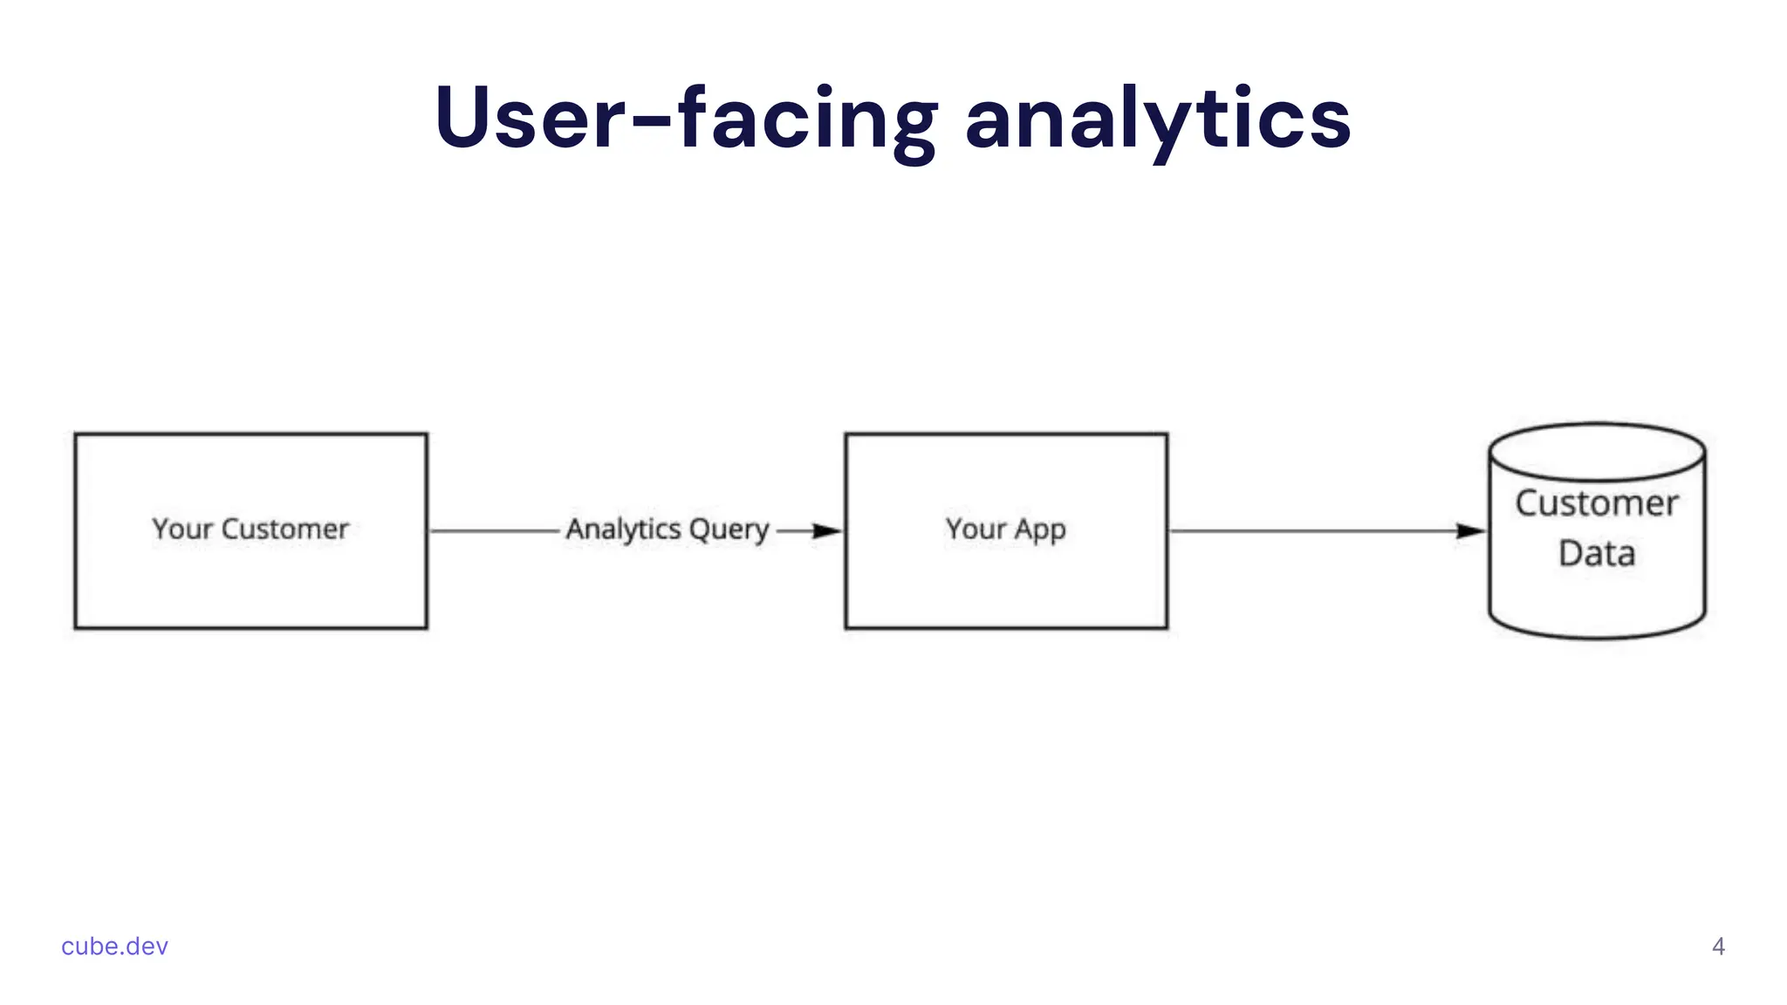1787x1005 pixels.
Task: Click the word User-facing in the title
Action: click(686, 119)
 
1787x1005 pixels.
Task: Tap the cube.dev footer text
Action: click(114, 947)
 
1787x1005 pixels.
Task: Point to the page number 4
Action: click(1718, 947)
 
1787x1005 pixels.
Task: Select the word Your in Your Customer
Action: click(181, 529)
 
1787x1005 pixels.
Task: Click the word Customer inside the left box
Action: click(284, 529)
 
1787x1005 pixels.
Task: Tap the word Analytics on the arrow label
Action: click(623, 529)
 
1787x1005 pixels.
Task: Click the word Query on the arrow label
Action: click(729, 530)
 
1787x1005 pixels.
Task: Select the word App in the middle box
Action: click(1039, 530)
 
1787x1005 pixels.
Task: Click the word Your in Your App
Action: click(976, 529)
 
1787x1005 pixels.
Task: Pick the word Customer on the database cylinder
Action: click(1596, 503)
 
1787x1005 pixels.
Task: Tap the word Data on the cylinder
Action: click(1596, 553)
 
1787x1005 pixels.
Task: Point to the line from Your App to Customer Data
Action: click(1309, 530)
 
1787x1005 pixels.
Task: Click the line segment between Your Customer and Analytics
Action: click(494, 530)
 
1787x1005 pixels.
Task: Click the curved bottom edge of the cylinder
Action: click(1597, 637)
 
